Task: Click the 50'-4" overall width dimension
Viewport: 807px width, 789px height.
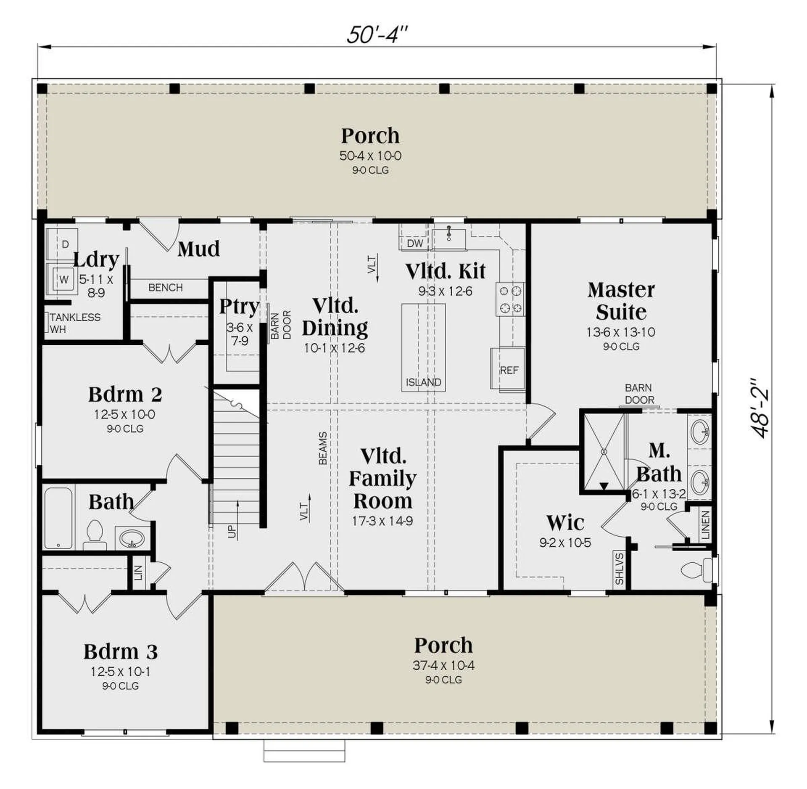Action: point(377,34)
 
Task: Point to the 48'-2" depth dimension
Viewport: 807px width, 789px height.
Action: point(760,408)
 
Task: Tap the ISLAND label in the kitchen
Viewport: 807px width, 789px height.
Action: point(423,382)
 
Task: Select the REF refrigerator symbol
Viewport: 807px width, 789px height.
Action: point(509,369)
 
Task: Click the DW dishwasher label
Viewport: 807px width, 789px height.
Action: point(415,243)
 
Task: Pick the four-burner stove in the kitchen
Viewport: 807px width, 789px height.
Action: point(510,299)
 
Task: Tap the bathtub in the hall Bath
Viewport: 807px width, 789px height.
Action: point(58,518)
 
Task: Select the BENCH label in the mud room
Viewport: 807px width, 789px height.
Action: point(166,288)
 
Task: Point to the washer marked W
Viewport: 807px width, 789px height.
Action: point(63,279)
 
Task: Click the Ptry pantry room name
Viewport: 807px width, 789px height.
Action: point(239,306)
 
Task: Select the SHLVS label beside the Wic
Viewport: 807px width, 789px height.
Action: point(619,569)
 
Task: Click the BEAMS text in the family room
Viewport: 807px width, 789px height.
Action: point(323,448)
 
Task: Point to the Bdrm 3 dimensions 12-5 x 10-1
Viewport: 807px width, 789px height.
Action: point(120,672)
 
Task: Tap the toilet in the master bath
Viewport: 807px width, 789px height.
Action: point(696,570)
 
